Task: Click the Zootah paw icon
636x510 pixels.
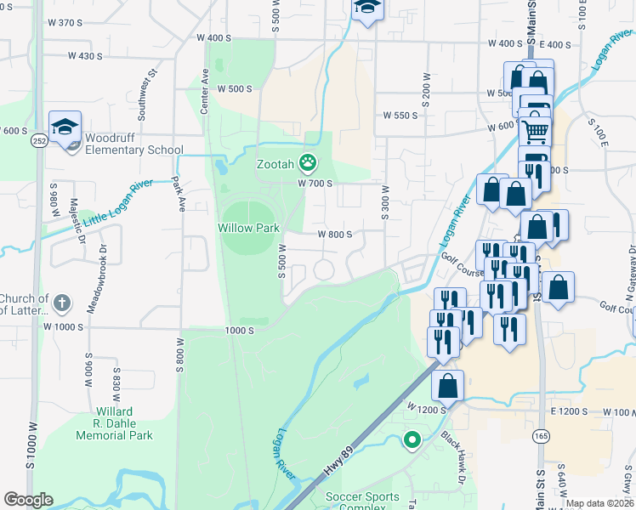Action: coord(307,161)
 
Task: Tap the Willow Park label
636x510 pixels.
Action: coord(248,228)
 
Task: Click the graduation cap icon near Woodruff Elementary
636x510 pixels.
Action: coord(65,127)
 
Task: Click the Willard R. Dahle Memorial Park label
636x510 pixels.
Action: coord(114,423)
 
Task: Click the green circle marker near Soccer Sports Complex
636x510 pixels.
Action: coord(412,439)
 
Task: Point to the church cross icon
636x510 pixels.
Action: coord(62,302)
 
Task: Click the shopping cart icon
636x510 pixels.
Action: coord(535,131)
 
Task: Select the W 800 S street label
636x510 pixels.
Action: coord(334,235)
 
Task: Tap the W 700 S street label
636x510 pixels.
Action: coord(314,183)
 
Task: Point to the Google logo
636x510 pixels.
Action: coord(28,500)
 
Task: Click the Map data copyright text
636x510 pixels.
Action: coord(599,503)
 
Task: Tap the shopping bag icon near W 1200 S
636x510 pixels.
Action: coord(447,387)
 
